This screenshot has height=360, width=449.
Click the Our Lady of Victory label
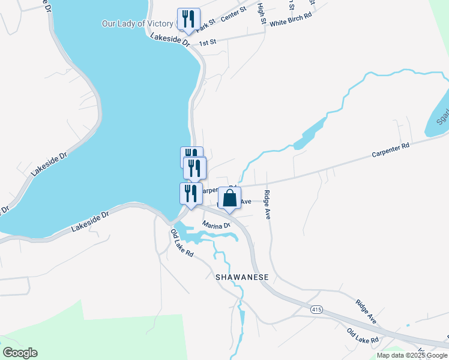pyautogui.click(x=137, y=24)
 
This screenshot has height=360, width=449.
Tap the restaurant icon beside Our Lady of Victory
pyautogui.click(x=188, y=19)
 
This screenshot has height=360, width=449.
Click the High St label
pyautogui.click(x=262, y=13)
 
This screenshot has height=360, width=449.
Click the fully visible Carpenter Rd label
pyautogui.click(x=390, y=150)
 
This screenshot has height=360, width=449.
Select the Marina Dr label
pyautogui.click(x=216, y=226)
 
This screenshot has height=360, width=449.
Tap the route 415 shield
pyautogui.click(x=317, y=310)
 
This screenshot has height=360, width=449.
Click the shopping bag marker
pyautogui.click(x=229, y=198)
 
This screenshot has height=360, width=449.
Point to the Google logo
pyautogui.click(x=20, y=353)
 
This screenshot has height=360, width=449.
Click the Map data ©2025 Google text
pyautogui.click(x=412, y=355)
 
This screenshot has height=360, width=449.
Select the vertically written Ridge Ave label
pyautogui.click(x=267, y=205)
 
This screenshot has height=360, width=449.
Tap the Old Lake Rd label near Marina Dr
pyautogui.click(x=182, y=243)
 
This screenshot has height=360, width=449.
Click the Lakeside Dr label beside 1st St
pyautogui.click(x=170, y=41)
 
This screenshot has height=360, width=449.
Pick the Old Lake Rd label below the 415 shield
pyautogui.click(x=363, y=336)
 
